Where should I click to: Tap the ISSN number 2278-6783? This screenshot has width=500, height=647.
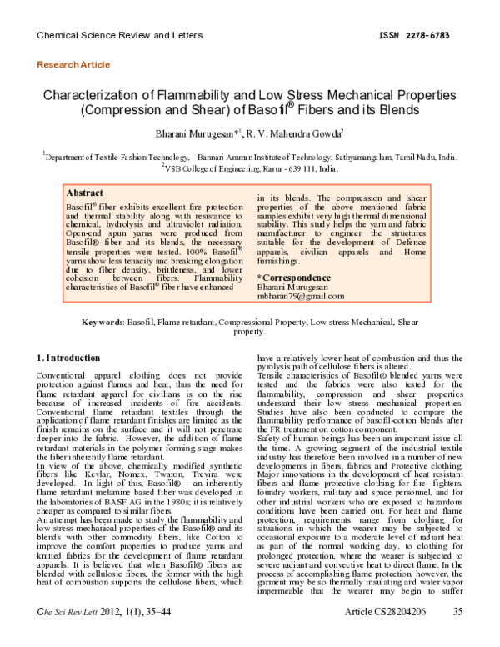pos(432,36)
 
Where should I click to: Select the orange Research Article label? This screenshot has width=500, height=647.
pos(73,64)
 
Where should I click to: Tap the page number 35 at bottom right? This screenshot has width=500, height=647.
pos(457,634)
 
